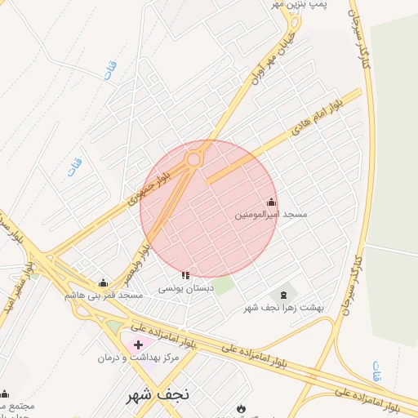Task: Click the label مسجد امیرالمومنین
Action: coord(271,214)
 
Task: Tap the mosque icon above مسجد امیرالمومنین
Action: coord(271,202)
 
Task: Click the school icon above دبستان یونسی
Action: coord(185,276)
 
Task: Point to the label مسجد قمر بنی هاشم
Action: coord(104,294)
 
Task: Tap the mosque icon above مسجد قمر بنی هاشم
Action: coord(102,282)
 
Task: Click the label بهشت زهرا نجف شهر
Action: coord(284,307)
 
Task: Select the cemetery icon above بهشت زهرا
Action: coord(283,295)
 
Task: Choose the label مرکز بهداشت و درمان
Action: coord(104,358)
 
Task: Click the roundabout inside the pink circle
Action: coord(193,160)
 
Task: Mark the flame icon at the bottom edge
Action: coord(240,408)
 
